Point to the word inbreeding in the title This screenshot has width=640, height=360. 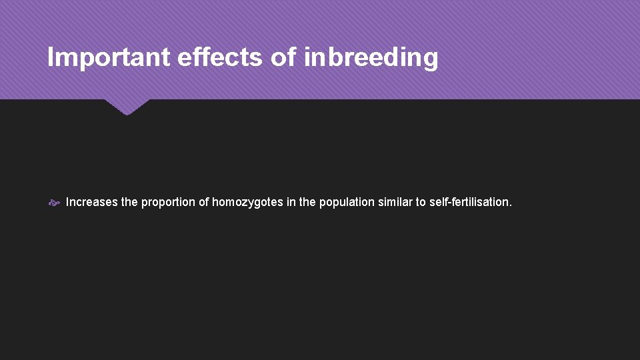pos(371,58)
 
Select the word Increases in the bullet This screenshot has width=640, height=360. pos(92,202)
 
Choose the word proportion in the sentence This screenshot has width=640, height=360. pos(169,202)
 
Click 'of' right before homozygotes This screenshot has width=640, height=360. pos(204,202)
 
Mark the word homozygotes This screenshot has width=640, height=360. pos(247,202)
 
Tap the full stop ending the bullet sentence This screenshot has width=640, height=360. pos(510,205)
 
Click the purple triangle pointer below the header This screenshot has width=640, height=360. pos(127,106)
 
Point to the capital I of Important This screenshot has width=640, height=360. pos(51,58)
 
